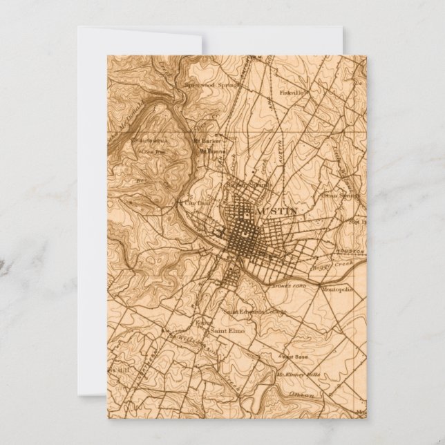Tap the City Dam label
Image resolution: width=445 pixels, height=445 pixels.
(x=191, y=204)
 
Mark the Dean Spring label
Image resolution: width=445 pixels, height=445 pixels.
(x=336, y=193)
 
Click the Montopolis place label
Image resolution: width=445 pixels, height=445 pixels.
(x=337, y=290)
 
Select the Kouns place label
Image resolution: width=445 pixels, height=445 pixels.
(x=203, y=322)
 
